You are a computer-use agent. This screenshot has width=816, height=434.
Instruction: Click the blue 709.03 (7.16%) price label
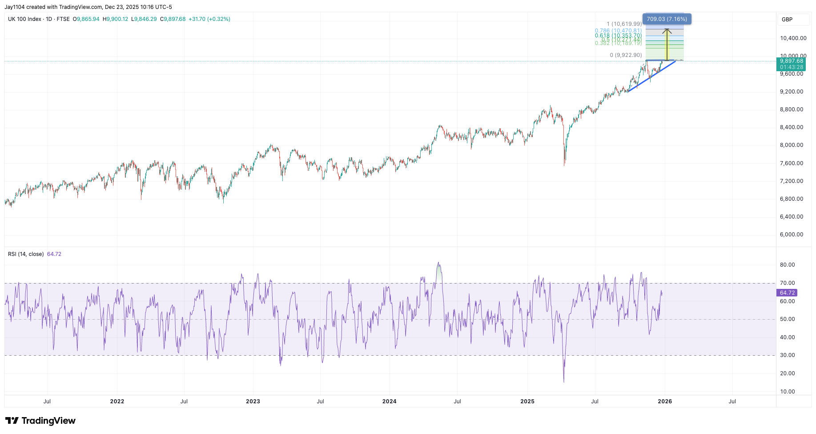pyautogui.click(x=667, y=19)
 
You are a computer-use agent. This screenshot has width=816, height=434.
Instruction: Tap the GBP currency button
pyautogui.click(x=787, y=20)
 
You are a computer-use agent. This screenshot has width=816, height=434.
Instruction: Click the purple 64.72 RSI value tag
pyautogui.click(x=787, y=293)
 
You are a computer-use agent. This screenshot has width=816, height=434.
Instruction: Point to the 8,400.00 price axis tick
pyautogui.click(x=792, y=127)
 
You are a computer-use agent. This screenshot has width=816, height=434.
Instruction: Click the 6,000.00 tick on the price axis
pyautogui.click(x=792, y=235)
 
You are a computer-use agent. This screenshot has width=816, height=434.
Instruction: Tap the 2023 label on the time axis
pyautogui.click(x=253, y=402)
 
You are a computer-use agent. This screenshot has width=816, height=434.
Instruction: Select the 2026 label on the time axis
pyautogui.click(x=665, y=402)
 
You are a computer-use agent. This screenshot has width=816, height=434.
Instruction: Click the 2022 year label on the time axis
pyautogui.click(x=117, y=402)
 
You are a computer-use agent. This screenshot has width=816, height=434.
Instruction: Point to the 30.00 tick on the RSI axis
pyautogui.click(x=787, y=355)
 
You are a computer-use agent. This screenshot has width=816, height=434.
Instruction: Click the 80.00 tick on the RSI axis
pyautogui.click(x=787, y=265)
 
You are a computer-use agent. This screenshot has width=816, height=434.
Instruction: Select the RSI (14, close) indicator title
pyautogui.click(x=26, y=254)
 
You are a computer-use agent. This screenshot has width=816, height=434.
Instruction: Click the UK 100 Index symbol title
pyautogui.click(x=24, y=19)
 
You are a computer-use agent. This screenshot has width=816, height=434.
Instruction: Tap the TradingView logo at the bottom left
pyautogui.click(x=40, y=421)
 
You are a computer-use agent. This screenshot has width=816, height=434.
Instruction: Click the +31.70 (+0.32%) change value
pyautogui.click(x=209, y=19)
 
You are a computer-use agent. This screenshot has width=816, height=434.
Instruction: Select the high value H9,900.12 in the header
pyautogui.click(x=115, y=19)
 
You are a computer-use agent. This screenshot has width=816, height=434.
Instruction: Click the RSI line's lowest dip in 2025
pyautogui.click(x=564, y=381)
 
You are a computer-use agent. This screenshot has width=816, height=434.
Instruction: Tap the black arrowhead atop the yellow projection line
pyautogui.click(x=667, y=31)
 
